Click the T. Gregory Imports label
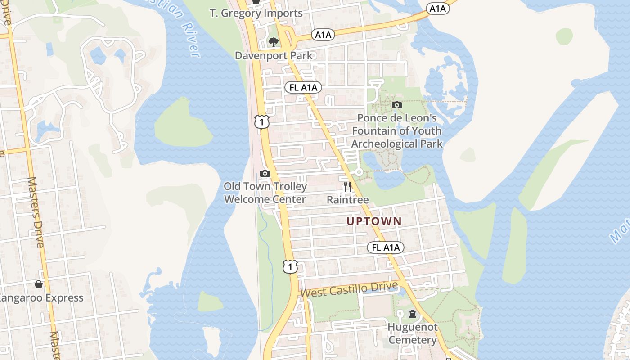click(256, 13)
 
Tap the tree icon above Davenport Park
click(273, 42)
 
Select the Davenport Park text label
click(274, 56)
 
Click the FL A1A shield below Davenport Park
click(303, 88)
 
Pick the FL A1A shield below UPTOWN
click(386, 247)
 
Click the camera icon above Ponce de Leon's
click(396, 105)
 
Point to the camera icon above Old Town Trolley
click(265, 173)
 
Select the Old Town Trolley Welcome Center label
click(265, 193)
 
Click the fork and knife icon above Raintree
click(347, 186)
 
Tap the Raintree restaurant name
click(347, 200)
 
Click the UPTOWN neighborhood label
click(373, 221)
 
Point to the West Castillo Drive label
click(349, 289)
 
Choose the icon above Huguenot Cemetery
click(413, 314)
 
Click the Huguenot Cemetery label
click(413, 333)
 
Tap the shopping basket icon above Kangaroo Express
click(39, 284)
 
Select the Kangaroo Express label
click(40, 298)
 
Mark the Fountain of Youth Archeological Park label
click(396, 131)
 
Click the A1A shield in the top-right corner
click(437, 9)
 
